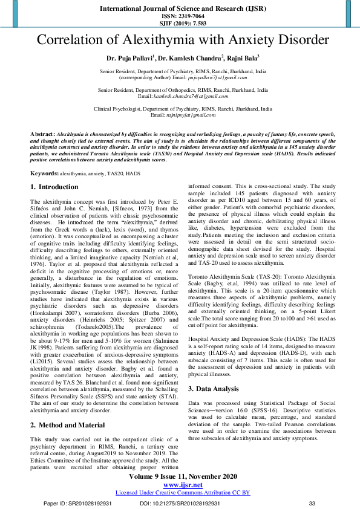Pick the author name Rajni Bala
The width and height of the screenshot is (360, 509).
point(243,58)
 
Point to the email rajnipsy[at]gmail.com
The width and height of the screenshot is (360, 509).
point(190,115)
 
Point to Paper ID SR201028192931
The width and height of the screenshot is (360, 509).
point(77,502)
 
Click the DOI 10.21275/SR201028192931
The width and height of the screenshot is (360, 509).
point(180,502)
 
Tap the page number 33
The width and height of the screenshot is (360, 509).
point(312,502)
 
